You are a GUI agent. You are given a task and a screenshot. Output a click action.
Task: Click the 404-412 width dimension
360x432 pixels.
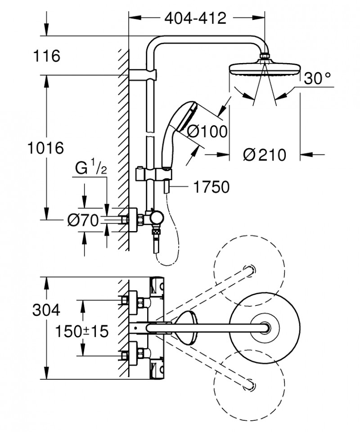194,18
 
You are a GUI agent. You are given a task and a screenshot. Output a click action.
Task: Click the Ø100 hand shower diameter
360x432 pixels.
207,132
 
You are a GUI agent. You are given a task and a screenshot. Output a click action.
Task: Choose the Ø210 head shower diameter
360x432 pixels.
264,155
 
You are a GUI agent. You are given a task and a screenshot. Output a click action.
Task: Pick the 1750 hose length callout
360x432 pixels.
210,186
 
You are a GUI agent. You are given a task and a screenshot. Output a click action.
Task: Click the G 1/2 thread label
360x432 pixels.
90,169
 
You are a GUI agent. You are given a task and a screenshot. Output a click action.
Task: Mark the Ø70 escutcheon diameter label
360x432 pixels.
83,220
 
